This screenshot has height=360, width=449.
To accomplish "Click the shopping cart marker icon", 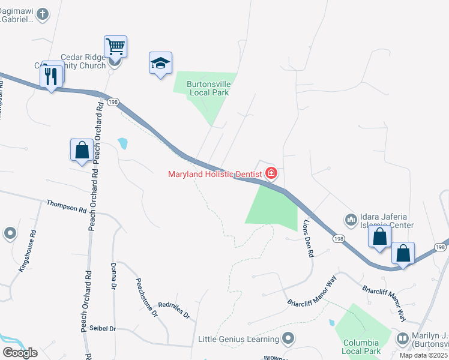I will pyautogui.click(x=115, y=46).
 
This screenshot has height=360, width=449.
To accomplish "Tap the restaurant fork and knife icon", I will pyautogui.click(x=50, y=76).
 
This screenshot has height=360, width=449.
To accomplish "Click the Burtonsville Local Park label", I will pyautogui.click(x=208, y=88).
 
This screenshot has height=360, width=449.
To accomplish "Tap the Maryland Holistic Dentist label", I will pyautogui.click(x=214, y=174).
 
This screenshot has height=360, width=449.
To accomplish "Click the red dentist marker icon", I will pyautogui.click(x=271, y=174).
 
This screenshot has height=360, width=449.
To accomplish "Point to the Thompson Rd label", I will pyautogui.click(x=67, y=207).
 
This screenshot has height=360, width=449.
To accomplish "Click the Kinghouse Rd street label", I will pyautogui.click(x=28, y=251).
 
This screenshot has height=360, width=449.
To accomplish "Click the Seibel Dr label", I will pyautogui.click(x=102, y=329).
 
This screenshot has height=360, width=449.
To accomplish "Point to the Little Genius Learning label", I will pyautogui.click(x=239, y=340).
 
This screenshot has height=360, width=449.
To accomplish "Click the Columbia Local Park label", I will pyautogui.click(x=361, y=347).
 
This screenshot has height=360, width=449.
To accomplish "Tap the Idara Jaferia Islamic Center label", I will pyautogui.click(x=387, y=221).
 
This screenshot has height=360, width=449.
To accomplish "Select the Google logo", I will pyautogui.click(x=20, y=352).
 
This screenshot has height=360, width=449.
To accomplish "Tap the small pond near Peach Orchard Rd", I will pyautogui.click(x=123, y=143).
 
